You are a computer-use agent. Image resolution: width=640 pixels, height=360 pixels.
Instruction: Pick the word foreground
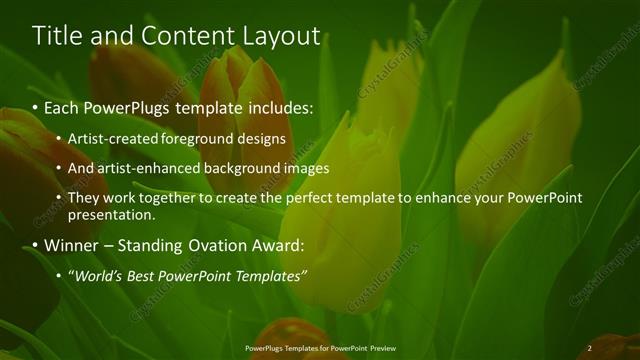pyautogui.click(x=220, y=138)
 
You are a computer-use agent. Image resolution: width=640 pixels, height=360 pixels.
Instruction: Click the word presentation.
pyautogui.click(x=109, y=214)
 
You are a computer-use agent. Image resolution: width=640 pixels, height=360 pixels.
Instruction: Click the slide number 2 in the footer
pyautogui.click(x=589, y=348)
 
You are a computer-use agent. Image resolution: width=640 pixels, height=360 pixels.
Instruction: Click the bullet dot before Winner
pyautogui.click(x=36, y=245)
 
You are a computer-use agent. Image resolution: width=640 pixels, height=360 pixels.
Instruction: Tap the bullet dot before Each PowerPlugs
pyautogui.click(x=36, y=105)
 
